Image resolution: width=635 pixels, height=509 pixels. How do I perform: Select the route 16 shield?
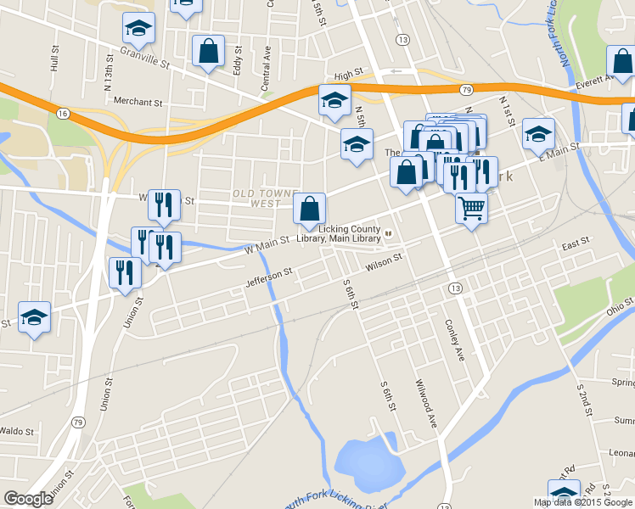point(63,113)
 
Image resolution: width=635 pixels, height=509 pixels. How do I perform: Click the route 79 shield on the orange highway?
point(466,89)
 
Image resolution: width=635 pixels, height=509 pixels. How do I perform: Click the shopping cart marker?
point(471,206)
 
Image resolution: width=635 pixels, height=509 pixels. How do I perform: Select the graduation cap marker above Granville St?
point(138,30)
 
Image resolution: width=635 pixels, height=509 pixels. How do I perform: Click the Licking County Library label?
point(350,234)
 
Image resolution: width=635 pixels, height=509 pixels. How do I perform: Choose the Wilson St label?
point(383,267)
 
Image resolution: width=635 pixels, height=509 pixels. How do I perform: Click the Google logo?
point(27,499)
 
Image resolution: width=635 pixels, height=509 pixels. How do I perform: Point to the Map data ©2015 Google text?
point(582,502)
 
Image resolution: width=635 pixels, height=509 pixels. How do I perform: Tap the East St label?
point(575,244)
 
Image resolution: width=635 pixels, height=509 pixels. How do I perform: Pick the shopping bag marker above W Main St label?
point(310,208)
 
